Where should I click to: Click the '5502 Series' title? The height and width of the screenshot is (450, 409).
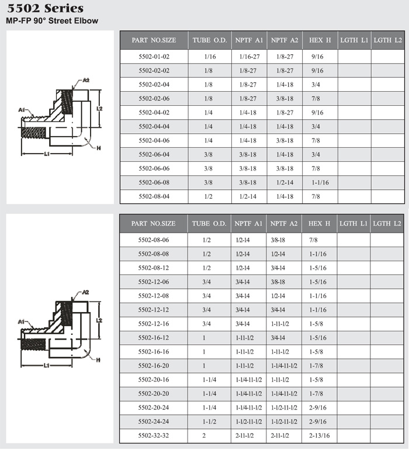46,8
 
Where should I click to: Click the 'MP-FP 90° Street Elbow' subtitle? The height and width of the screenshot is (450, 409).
52,20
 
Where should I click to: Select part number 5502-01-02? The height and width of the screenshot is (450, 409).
154,57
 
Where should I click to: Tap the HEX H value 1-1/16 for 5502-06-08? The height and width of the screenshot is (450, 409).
320,182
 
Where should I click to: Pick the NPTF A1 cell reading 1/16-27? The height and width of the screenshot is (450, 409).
249,57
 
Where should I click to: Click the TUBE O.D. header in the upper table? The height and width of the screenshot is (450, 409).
210,40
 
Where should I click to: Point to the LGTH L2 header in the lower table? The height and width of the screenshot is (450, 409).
387,224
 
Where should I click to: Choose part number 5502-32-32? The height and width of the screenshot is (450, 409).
154,435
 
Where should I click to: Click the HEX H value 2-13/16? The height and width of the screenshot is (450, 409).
319,435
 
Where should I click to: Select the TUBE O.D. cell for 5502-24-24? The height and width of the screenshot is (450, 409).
209,421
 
